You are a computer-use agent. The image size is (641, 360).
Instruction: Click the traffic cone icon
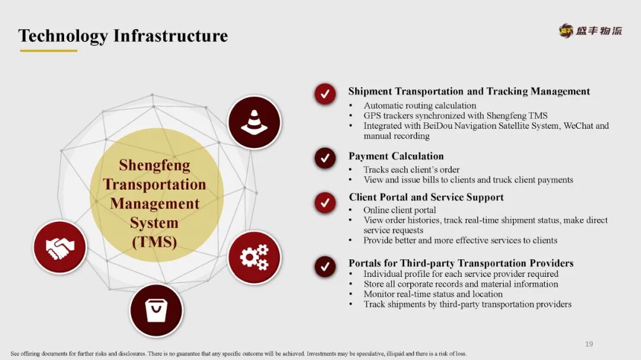pos(254,122)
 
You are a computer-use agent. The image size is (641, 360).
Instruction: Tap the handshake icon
pos(60,247)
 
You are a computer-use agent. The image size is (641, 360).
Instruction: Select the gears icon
pos(254,257)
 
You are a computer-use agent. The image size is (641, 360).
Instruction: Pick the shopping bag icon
pos(156,310)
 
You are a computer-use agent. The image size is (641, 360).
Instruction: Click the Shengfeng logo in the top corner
pos(591,30)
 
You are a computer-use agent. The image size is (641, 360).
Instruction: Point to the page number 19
pos(589,344)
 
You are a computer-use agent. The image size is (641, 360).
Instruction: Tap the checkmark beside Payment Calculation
pos(325,158)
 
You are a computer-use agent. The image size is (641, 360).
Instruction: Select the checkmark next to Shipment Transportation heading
pos(325,94)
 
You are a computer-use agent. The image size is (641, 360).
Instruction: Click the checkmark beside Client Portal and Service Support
pos(325,202)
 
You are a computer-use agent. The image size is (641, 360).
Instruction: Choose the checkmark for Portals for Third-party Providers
pos(325,266)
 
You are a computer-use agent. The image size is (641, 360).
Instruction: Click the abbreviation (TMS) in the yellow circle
pos(154,242)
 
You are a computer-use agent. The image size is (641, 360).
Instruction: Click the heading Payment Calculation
pos(396,157)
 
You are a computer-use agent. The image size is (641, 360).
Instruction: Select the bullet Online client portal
pos(399,210)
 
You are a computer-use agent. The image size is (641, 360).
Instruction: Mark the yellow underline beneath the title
pos(49,50)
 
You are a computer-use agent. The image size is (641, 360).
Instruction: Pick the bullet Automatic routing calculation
pos(420,106)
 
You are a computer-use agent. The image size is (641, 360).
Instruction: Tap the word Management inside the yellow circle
pos(154,203)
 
